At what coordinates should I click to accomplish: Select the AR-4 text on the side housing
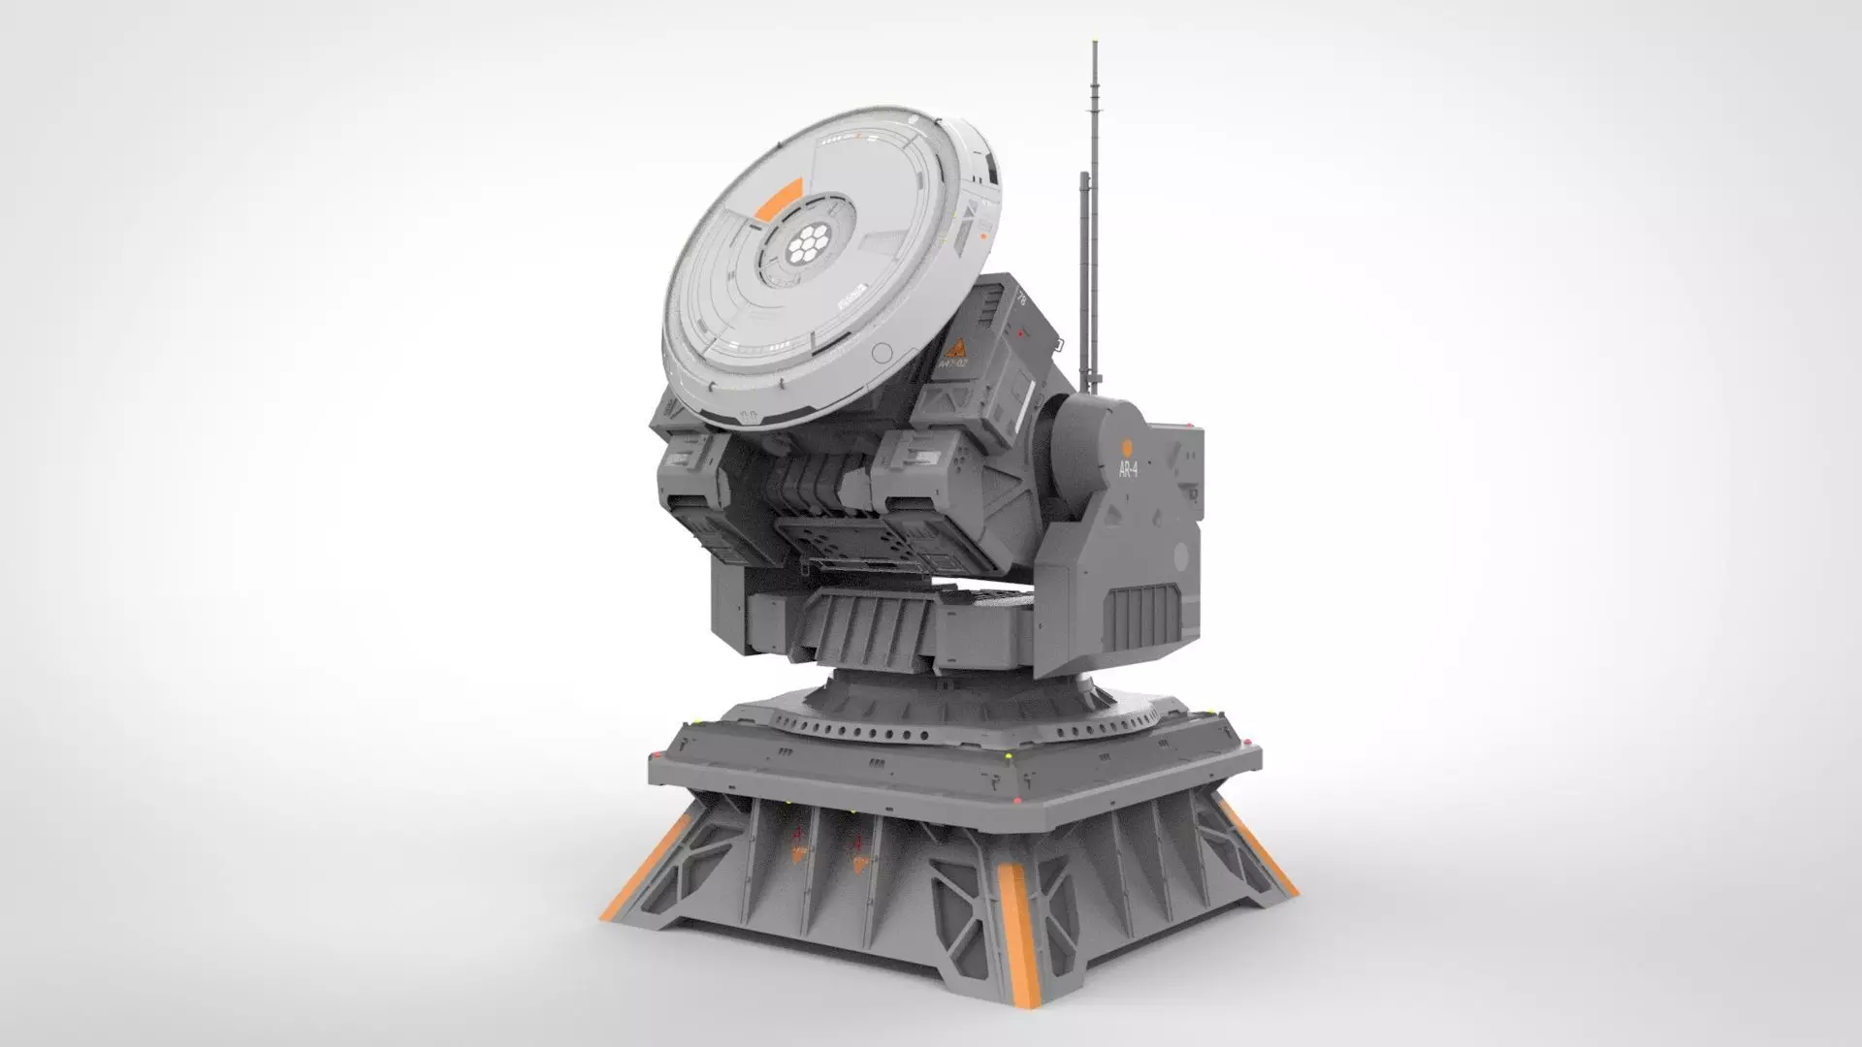coord(1128,469)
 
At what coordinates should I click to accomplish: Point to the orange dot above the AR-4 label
coord(1127,447)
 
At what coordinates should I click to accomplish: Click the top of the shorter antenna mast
coord(1082,177)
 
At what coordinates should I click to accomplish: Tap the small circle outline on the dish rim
coord(883,353)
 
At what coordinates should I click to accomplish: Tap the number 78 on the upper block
coord(1019,301)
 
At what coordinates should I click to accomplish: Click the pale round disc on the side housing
coord(1180,556)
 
